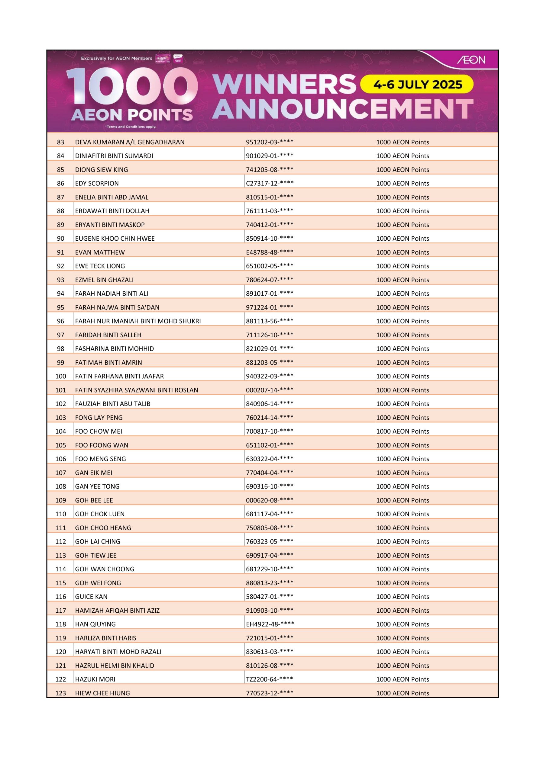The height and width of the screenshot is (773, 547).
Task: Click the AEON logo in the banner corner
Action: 471,60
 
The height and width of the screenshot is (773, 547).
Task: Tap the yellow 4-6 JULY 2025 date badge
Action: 417,84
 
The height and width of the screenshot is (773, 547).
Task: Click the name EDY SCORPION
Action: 97,184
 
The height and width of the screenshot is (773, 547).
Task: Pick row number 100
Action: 61,377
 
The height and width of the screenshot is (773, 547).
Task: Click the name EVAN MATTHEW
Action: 100,252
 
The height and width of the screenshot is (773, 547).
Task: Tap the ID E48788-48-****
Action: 269,252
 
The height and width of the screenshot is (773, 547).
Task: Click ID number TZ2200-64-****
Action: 269,679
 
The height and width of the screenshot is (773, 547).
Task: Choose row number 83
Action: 61,142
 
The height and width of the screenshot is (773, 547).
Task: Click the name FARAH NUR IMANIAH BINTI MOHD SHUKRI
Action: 138,321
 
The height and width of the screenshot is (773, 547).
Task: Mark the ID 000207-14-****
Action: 269,390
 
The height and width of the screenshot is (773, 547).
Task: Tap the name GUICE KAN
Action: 91,597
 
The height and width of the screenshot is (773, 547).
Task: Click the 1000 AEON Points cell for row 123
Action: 403,693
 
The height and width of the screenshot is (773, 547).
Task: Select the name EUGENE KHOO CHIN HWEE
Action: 115,239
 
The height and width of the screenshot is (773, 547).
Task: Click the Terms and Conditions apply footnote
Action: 131,127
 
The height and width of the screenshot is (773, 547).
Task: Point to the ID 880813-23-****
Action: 269,583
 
